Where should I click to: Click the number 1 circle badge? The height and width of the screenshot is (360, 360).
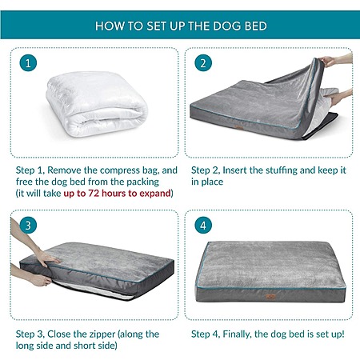pos(28,63)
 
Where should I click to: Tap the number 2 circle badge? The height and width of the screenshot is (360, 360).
pos(203,63)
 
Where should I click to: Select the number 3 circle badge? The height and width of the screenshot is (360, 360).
pos(28,226)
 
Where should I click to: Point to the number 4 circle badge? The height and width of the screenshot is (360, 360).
pos(203,226)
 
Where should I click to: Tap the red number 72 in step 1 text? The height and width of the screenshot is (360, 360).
pos(94,193)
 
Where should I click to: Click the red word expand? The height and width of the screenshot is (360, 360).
pos(155,194)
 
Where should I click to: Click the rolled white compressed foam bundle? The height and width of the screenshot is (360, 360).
pos(97,104)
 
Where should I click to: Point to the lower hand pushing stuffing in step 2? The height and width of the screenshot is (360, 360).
pos(338,97)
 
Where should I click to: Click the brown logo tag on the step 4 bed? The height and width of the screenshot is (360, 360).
pos(270,296)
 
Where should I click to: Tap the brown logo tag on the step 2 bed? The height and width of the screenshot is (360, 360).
pos(238,128)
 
